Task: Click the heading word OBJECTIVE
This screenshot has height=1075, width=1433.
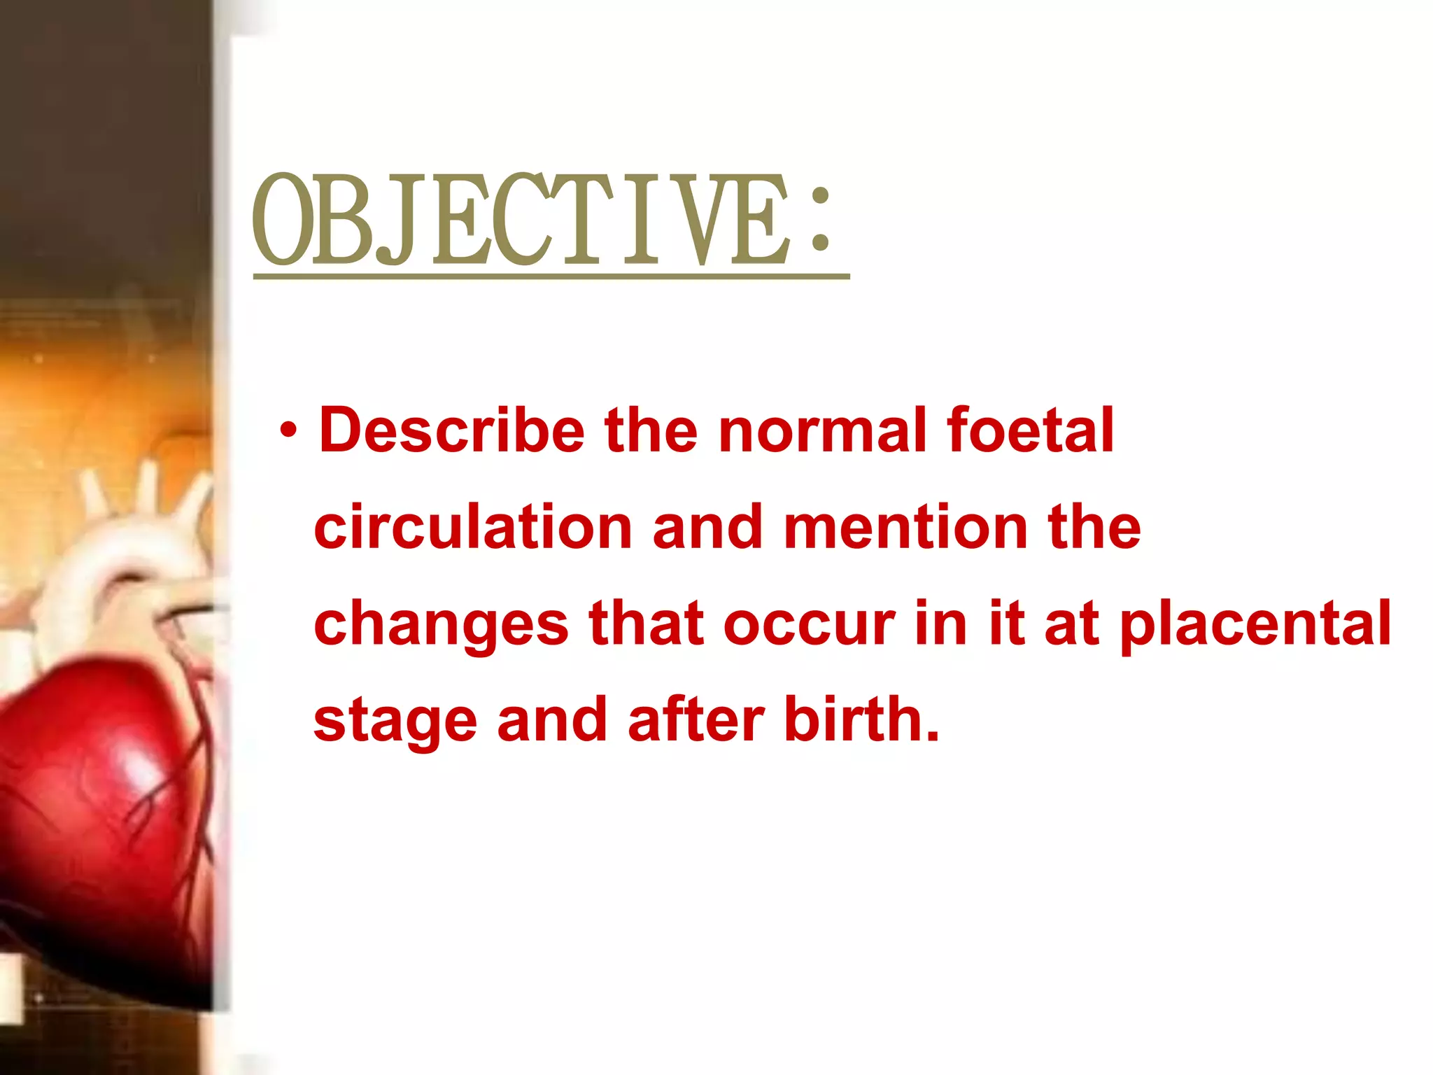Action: pyautogui.click(x=521, y=220)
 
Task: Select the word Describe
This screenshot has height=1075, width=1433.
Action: pyautogui.click(x=452, y=430)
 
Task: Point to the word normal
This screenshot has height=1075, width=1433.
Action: pyautogui.click(x=823, y=430)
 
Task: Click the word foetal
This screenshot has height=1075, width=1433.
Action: pyautogui.click(x=1029, y=430)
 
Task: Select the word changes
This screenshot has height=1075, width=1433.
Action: pyautogui.click(x=442, y=625)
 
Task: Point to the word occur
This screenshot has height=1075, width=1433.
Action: pyautogui.click(x=809, y=625)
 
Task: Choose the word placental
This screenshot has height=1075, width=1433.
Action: pyautogui.click(x=1255, y=625)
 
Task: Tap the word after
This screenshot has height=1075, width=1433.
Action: pyautogui.click(x=696, y=721)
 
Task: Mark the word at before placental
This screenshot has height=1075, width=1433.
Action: pyautogui.click(x=1071, y=625)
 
